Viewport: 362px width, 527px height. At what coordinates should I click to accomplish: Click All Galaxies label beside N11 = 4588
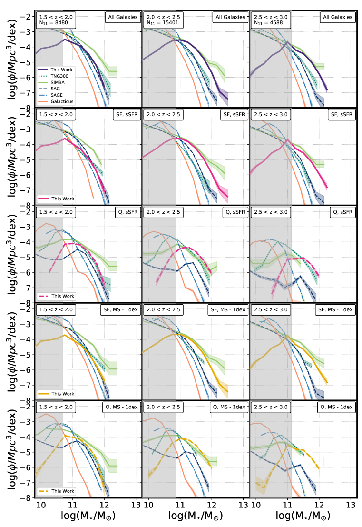click(x=338, y=17)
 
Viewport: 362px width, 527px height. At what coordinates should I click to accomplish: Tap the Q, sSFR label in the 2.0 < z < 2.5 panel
click(x=235, y=212)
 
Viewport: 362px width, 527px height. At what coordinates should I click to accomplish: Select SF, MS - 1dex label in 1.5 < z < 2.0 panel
click(x=121, y=310)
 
